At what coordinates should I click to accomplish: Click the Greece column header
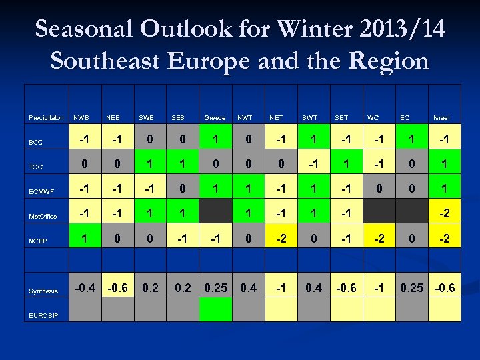click(215, 118)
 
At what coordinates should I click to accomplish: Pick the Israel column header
click(441, 118)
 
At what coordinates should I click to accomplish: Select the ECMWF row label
click(41, 192)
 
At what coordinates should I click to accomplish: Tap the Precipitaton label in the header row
click(47, 118)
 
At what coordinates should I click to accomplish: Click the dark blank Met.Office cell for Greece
click(215, 214)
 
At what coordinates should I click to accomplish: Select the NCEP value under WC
click(378, 237)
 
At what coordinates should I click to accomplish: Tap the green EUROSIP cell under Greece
click(215, 309)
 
